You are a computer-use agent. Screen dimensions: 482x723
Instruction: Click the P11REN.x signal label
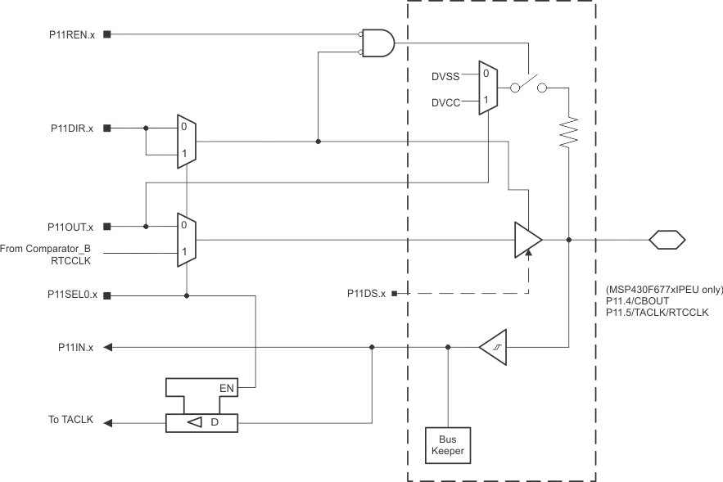click(x=71, y=35)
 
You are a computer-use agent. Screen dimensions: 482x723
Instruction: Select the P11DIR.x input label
click(x=71, y=128)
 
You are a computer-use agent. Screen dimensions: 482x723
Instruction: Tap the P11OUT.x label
click(x=71, y=227)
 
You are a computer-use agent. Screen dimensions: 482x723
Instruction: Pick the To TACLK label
click(x=71, y=421)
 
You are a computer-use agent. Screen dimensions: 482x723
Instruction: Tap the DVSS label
click(x=446, y=75)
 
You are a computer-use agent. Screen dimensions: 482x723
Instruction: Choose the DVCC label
click(x=446, y=103)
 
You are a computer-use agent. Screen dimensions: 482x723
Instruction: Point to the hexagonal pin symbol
click(x=667, y=240)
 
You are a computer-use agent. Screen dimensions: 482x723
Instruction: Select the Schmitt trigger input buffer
click(x=493, y=348)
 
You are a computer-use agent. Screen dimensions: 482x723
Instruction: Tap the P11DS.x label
click(x=366, y=293)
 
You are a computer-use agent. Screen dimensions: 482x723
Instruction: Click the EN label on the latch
click(x=228, y=387)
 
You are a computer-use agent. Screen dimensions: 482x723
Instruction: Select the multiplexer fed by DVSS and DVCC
click(x=487, y=88)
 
